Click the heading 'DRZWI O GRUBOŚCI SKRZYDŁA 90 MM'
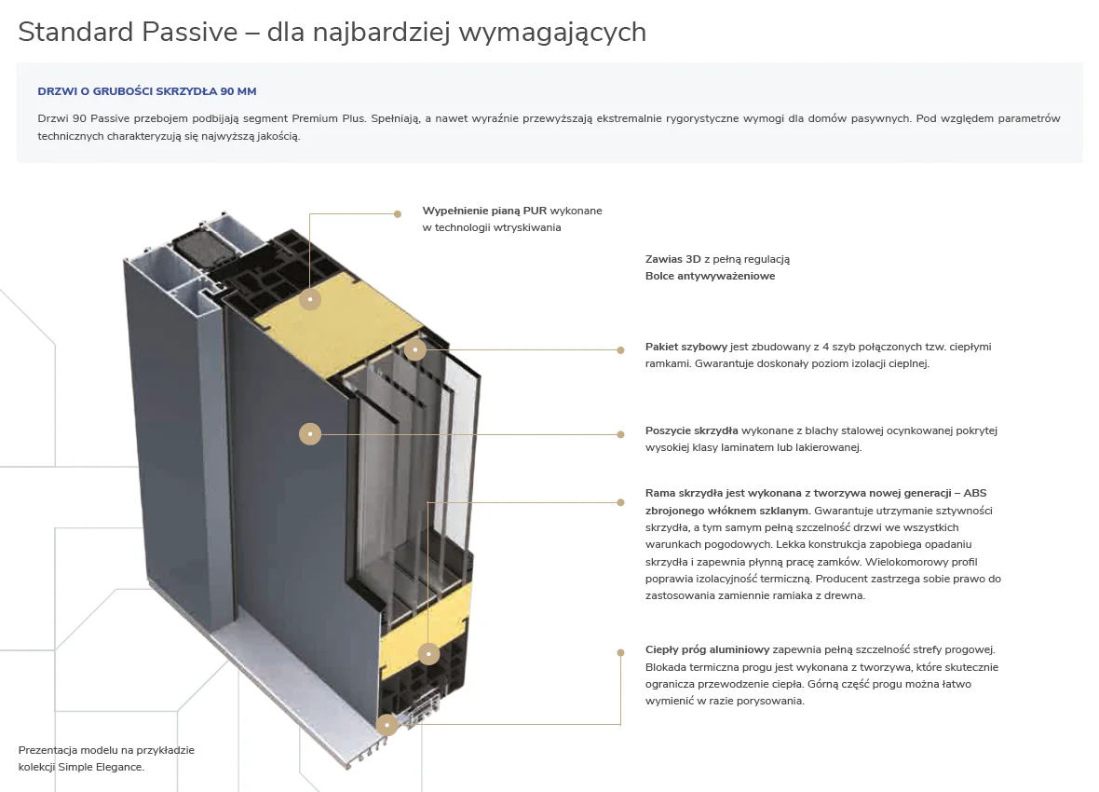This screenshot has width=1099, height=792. point(146,91)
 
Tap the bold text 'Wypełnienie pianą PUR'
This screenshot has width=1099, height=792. point(484,211)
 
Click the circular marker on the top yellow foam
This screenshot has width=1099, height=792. point(310,299)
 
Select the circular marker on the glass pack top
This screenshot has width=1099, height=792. point(415,349)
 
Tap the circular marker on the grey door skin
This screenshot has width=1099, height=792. point(310,433)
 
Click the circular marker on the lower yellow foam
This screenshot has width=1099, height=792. point(427,653)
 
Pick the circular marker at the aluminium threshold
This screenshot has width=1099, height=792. point(387,724)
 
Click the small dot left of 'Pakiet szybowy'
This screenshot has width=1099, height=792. point(620,350)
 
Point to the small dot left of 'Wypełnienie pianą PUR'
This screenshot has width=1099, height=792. point(398,213)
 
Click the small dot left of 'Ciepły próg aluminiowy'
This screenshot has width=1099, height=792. point(620,652)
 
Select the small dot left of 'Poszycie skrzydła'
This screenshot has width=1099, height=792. point(620,433)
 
